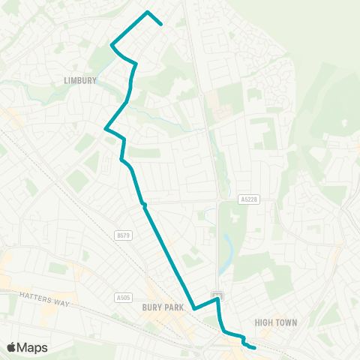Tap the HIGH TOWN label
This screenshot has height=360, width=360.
[276, 322]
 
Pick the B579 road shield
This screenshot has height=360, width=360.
[123, 235]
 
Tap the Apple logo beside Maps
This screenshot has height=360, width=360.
[11, 347]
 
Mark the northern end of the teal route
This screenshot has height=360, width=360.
[162, 24]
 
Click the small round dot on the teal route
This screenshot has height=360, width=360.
[143, 204]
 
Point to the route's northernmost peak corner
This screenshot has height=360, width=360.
[148, 11]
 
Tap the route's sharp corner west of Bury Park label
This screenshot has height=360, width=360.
[193, 308]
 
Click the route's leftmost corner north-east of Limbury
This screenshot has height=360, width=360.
[112, 45]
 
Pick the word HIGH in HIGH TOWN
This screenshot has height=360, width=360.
[264, 322]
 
